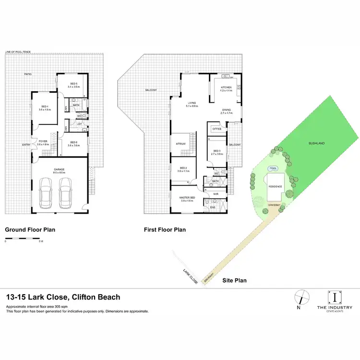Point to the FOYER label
pos(43,142)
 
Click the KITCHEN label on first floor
pos(226,89)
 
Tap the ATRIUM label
pos(181,143)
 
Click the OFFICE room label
pos(216,129)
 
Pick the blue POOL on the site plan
pos(273,168)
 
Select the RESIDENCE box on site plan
pos(275,187)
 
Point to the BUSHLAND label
pos(317,143)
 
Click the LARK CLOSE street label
pos(190,277)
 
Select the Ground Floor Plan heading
pos(30,230)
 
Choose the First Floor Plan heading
pos(165,230)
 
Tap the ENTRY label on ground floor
pos(26,145)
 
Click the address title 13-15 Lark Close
pos(63,297)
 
